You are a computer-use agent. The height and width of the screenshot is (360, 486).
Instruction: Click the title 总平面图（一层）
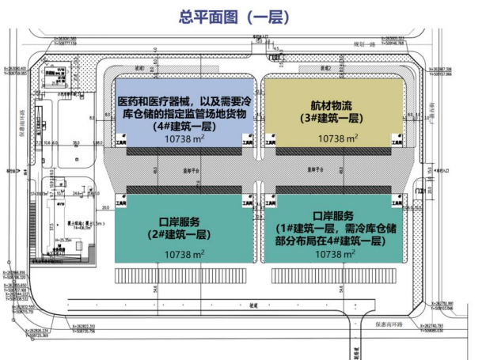coord(243,15)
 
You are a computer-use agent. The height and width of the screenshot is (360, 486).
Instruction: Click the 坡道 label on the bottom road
coord(253,304)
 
